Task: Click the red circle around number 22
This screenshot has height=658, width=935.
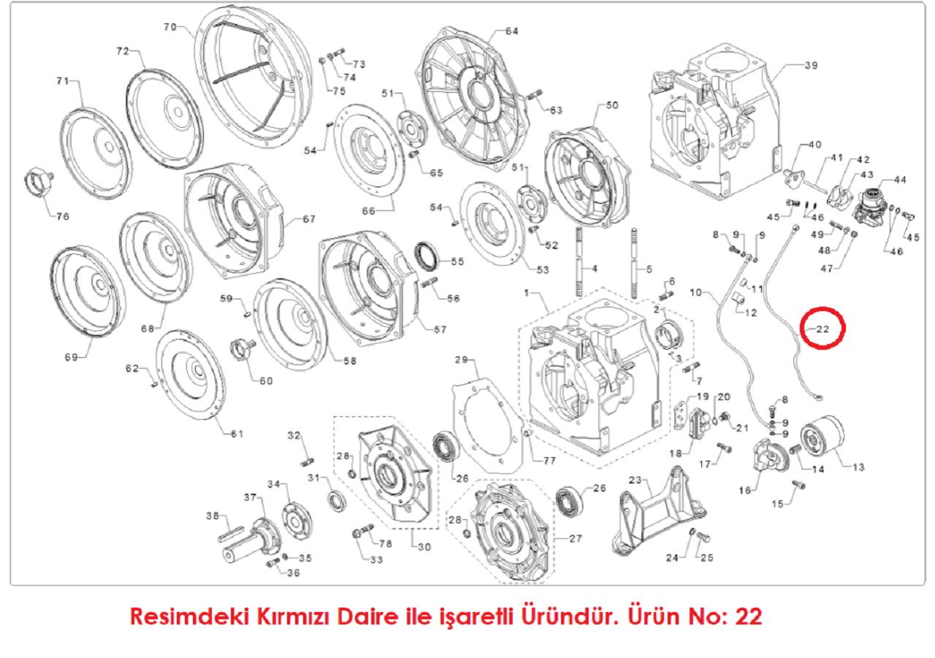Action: [x=823, y=329]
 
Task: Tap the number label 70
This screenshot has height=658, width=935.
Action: [x=170, y=27]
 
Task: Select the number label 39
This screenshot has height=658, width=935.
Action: [x=810, y=66]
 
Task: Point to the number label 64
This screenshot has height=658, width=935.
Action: [x=511, y=31]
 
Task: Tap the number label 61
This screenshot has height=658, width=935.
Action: [x=236, y=434]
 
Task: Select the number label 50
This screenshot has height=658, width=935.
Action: [x=611, y=105]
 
